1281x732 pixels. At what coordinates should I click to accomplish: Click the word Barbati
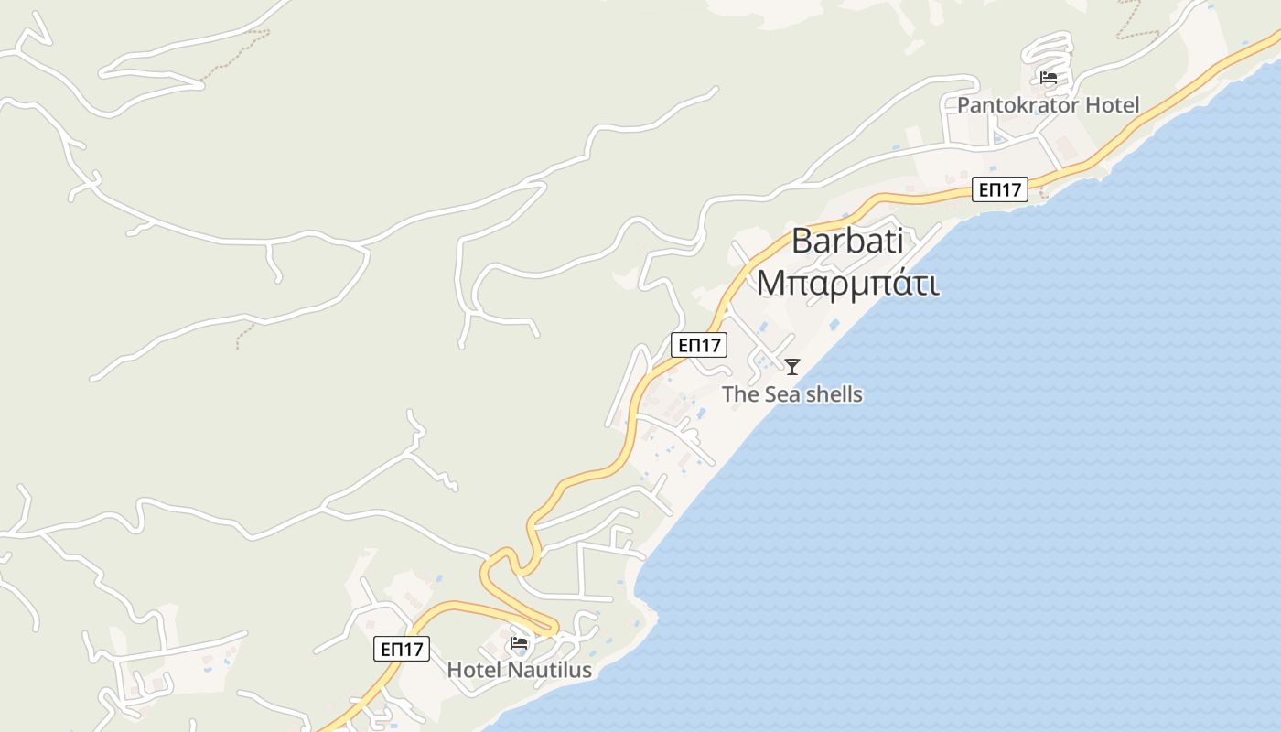[847, 241]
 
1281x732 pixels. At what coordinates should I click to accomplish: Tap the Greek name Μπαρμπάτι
[848, 283]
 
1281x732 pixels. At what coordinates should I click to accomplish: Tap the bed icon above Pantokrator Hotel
[1049, 78]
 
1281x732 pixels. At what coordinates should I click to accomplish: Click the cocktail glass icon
[792, 367]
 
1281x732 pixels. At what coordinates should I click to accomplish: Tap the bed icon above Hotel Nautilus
[519, 642]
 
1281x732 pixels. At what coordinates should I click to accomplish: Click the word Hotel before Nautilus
[474, 670]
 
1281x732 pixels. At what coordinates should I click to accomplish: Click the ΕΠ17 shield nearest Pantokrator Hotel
[1000, 189]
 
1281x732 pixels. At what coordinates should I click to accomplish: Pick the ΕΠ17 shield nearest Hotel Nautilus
[402, 649]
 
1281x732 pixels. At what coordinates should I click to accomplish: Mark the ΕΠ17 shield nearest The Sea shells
[699, 345]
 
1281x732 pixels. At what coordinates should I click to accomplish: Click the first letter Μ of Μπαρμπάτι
[771, 283]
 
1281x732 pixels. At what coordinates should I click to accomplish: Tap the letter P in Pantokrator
[963, 105]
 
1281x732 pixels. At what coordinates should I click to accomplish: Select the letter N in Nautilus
[514, 670]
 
